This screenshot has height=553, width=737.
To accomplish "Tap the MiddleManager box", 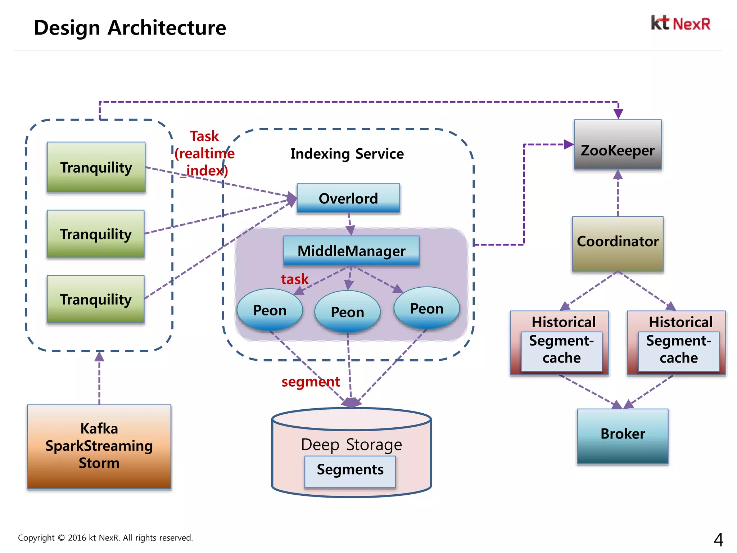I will point(351,251).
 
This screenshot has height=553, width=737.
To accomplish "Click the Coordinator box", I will point(618,244).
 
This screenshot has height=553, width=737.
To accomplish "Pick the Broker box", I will point(623,436).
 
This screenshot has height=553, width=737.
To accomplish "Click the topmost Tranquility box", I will point(96,167).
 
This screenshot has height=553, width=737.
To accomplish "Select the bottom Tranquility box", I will point(96,299).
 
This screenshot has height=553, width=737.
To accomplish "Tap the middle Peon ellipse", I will point(347,312).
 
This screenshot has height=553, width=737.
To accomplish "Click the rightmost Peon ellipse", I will point(426,308).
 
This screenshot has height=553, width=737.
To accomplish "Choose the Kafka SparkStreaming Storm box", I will point(99,446).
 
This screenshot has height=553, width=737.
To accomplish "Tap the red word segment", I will point(311,382).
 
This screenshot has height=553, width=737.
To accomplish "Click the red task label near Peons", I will point(294,279).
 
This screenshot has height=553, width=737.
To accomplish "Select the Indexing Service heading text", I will point(347,154).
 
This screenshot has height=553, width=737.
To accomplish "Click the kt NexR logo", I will point(681,23).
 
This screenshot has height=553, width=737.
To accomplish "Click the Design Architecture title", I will point(130,28).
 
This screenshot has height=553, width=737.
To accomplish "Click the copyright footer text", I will point(105,538).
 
